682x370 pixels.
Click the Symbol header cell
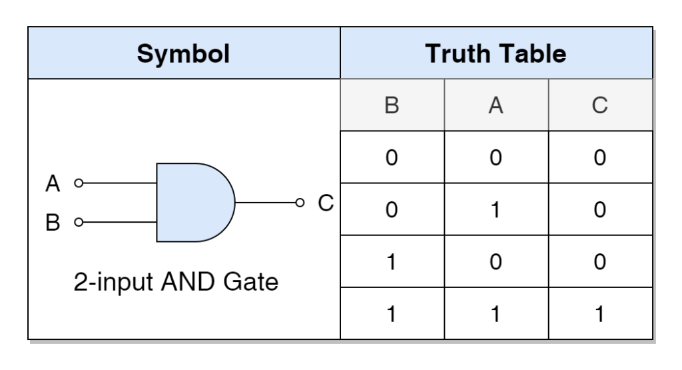(x=183, y=53)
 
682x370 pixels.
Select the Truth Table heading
(x=496, y=53)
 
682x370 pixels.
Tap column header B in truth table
(x=392, y=105)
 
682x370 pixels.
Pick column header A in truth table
(x=496, y=105)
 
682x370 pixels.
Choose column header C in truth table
(x=599, y=105)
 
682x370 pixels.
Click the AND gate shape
(x=193, y=202)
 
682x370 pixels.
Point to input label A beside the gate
(x=53, y=183)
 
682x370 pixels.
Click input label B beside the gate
(x=53, y=223)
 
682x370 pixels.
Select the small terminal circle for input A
(x=79, y=183)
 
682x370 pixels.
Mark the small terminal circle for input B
(x=79, y=222)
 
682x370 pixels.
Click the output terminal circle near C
(x=300, y=202)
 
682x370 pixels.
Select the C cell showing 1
(x=599, y=313)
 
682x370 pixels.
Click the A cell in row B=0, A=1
(x=496, y=210)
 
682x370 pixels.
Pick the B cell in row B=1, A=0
(x=392, y=261)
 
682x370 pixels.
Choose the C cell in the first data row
(x=599, y=158)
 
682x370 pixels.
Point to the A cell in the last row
(x=496, y=313)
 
